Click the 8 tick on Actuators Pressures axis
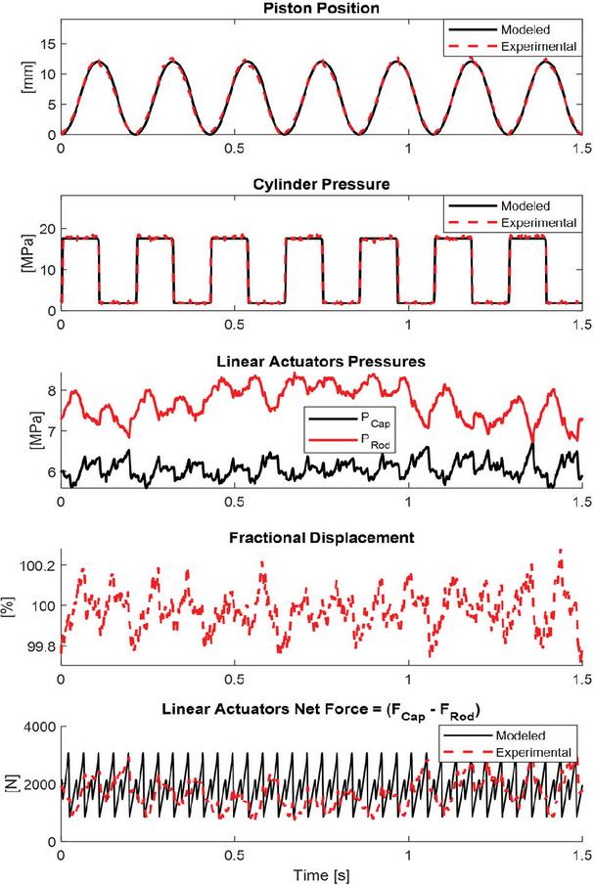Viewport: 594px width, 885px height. (51, 392)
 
